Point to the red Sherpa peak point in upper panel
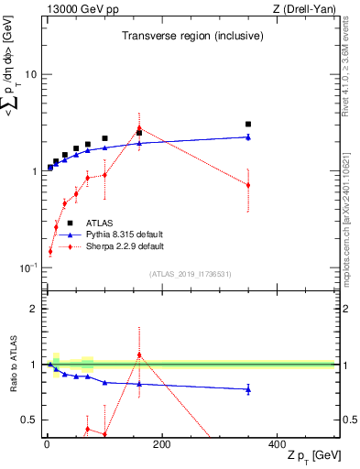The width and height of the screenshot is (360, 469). (x=139, y=128)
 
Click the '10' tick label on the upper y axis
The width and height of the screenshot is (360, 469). (x=31, y=74)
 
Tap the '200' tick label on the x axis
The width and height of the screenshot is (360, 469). (x=161, y=444)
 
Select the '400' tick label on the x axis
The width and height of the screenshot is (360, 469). (x=277, y=444)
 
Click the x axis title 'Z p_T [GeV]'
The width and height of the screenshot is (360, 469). (x=308, y=456)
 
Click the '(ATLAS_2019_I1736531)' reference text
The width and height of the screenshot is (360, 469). (x=191, y=273)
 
